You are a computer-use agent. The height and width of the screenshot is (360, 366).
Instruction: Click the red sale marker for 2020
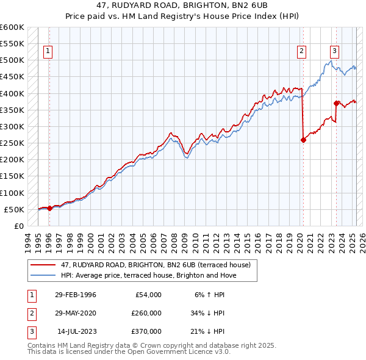(x=303, y=140)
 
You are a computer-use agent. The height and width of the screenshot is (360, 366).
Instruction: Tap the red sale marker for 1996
(x=49, y=208)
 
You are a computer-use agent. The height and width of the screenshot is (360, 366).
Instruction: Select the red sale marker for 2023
(x=336, y=103)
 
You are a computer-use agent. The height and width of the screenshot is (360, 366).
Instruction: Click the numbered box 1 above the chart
(x=48, y=52)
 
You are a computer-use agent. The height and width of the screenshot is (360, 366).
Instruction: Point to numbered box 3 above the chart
(x=335, y=52)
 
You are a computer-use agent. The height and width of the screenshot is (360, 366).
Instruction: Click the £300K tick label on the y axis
(x=12, y=127)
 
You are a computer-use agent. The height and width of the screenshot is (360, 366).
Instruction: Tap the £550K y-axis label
(x=12, y=44)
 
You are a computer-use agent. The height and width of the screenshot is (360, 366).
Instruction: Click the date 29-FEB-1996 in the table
(x=75, y=295)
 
